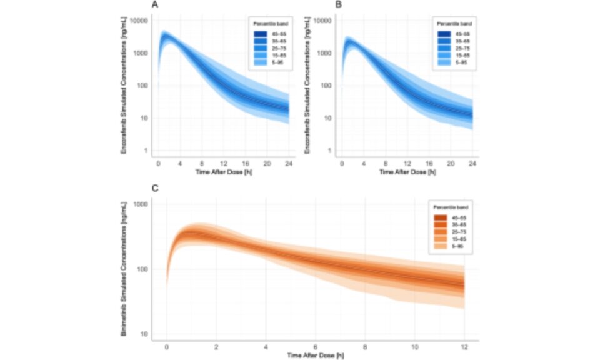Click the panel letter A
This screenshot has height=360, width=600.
154,6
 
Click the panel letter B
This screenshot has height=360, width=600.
338,6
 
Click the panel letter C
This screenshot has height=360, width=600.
154,186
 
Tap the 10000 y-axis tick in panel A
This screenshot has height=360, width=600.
139,21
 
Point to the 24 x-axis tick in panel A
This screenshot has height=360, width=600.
288,162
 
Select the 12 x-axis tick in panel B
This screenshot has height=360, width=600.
407,162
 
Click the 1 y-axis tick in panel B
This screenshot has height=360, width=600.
329,151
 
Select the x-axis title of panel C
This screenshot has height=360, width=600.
316,354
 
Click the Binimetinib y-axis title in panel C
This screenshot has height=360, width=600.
124,269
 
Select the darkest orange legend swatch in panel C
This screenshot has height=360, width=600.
439,217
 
